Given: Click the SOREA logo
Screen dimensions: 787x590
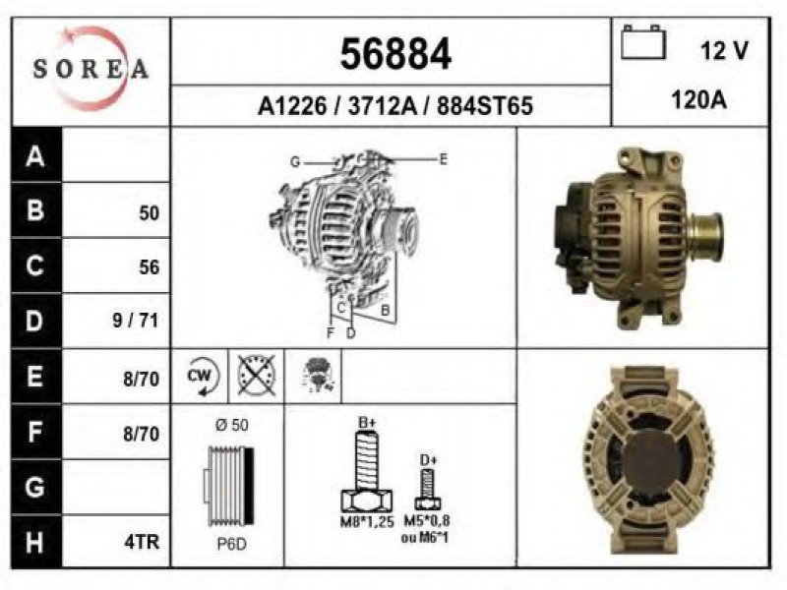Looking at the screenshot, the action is (91, 68).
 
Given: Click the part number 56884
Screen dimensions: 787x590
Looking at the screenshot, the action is (395, 54).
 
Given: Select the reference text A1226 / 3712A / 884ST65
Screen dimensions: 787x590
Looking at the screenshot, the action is (395, 106).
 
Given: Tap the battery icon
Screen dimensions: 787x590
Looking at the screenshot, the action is (643, 42).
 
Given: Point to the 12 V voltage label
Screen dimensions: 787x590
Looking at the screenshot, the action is (724, 50).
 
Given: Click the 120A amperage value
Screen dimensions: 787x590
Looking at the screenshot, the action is (698, 100).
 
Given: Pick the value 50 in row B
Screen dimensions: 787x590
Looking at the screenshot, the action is (150, 213).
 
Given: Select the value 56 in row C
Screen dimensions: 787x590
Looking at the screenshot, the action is (150, 267).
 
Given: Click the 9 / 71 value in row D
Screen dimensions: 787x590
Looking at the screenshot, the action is (136, 321).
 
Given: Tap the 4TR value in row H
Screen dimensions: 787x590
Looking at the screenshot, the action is (142, 542).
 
